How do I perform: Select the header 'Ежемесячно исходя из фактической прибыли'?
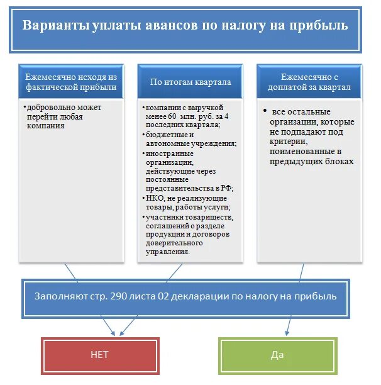coord(71,82)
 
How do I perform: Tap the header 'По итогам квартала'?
coord(190,82)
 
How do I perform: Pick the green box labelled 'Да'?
coord(277,355)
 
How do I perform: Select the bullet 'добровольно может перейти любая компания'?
coord(63,116)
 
